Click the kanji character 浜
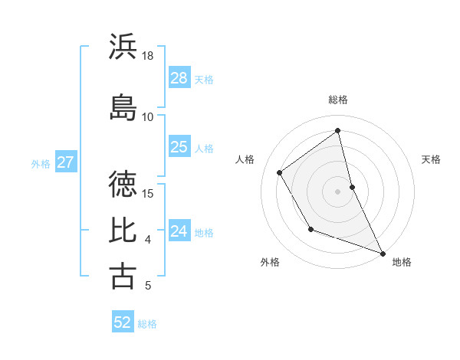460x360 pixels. coord(123,47)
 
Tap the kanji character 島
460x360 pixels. coord(123,106)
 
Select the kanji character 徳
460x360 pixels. coord(123,184)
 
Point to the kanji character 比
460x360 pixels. coord(123,230)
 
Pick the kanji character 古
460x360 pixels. coord(123,276)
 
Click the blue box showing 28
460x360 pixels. coord(179,78)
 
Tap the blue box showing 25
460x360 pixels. coord(179,147)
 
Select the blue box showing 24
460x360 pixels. coord(179,231)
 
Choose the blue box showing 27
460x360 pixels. coord(66,162)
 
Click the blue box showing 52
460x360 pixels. coord(123,322)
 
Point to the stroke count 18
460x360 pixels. coord(148,56)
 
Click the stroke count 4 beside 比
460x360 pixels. coord(148,240)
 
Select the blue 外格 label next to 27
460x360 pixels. coord(41,163)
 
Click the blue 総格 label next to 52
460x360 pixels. coord(147,324)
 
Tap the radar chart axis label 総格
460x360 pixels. coord(338,100)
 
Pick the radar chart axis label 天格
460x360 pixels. coord(431,159)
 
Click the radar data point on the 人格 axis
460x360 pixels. coord(280,172)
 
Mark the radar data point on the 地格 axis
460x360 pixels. coord(383,254)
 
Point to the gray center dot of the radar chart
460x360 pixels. coord(338,191)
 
